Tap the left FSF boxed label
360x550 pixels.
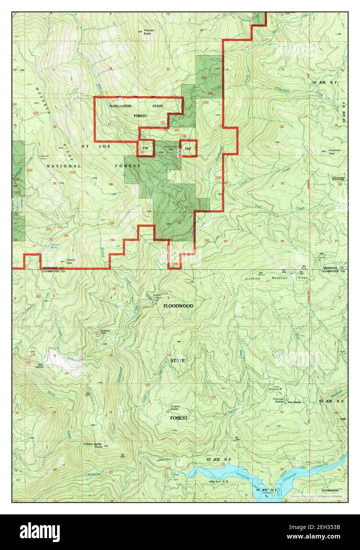[146, 149]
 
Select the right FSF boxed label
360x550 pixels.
[189, 149]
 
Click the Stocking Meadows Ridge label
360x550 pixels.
[277, 278]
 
